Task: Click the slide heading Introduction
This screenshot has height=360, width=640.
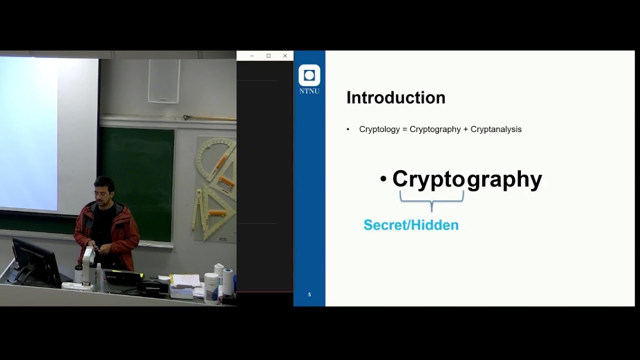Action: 395,97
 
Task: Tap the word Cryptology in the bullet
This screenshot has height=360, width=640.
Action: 379,129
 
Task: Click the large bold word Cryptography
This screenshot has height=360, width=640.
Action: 467,179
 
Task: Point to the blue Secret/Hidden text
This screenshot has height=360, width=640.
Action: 411,225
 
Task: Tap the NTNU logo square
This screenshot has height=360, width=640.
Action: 309,75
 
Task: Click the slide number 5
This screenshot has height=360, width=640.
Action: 309,294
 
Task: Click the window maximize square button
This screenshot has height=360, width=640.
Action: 268,56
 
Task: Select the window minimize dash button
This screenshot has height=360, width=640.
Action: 252,56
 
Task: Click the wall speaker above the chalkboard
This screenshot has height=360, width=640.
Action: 163,81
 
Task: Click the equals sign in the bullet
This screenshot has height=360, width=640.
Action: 404,129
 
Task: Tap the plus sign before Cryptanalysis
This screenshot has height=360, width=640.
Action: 465,129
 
